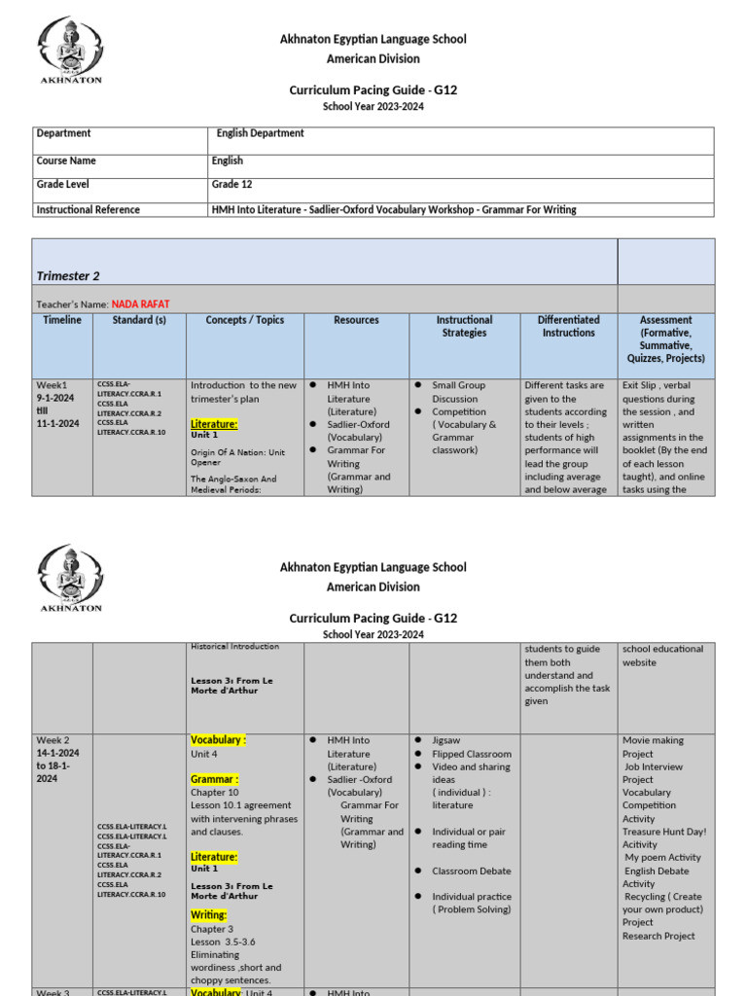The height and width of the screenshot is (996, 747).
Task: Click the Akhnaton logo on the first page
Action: pos(69,50)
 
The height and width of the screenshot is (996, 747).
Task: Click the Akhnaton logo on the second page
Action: pos(69,578)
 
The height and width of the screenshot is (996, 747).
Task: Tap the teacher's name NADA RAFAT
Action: pos(141,304)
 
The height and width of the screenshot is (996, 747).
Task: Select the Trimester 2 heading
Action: pos(68,276)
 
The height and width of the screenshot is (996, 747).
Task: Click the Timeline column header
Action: pos(62,320)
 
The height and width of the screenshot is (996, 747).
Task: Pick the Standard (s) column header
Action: pos(139,320)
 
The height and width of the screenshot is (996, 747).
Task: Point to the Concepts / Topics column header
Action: pos(245,320)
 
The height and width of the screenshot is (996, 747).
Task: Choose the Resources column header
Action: pos(356,320)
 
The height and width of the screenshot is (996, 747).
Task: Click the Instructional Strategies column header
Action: pos(464,326)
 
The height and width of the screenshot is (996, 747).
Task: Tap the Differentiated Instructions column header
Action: pos(569,326)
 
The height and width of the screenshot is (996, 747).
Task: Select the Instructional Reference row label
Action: pos(88,209)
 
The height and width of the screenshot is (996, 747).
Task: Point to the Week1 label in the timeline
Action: pos(54,385)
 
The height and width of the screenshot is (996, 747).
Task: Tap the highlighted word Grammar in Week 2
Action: pos(214,779)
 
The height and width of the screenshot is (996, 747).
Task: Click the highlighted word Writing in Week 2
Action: pos(208,915)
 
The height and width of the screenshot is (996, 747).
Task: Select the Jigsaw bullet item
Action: pos(448,740)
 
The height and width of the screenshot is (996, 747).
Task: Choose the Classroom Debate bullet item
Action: pos(471,871)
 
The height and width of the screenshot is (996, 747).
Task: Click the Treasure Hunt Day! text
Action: pos(664,832)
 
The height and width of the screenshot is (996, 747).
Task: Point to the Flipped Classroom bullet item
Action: pos(471,754)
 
